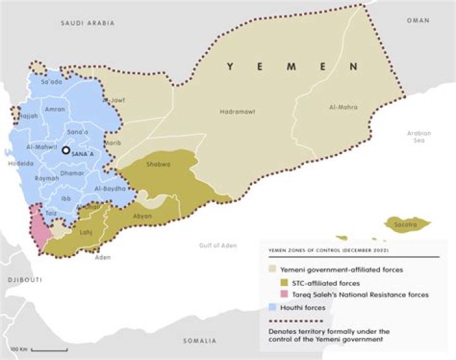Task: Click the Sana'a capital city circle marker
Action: tap(65, 151)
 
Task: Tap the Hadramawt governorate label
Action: tap(237, 112)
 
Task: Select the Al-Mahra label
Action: tap(345, 107)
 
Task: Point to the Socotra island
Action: tap(407, 224)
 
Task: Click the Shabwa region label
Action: tap(158, 164)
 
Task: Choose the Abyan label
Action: tap(142, 215)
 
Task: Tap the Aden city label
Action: tap(102, 257)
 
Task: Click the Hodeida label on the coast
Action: tap(16, 162)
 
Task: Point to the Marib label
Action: tap(113, 143)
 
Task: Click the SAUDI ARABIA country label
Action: tap(87, 23)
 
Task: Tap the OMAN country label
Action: tap(418, 20)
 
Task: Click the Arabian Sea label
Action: tap(419, 137)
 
